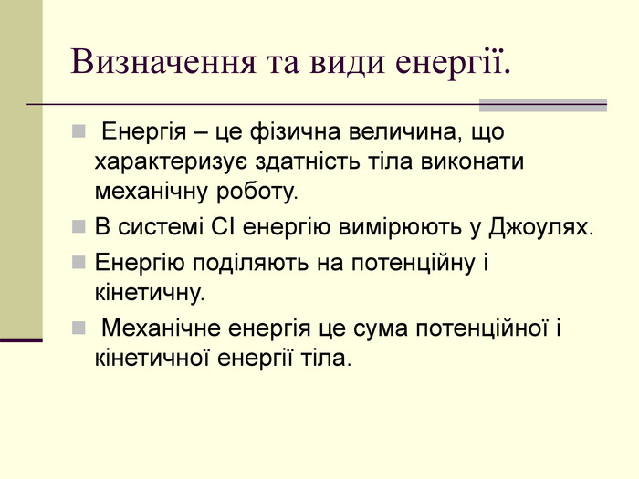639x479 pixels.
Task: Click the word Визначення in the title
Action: (163, 62)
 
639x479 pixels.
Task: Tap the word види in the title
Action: (347, 63)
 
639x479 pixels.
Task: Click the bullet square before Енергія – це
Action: (79, 131)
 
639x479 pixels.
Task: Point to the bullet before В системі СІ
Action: (79, 226)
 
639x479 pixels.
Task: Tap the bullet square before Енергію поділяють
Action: (79, 263)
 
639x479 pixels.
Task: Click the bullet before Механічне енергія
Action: (79, 328)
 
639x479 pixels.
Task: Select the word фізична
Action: (295, 132)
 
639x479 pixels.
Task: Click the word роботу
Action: (257, 193)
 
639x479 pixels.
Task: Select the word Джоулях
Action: (541, 228)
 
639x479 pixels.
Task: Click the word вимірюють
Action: (400, 228)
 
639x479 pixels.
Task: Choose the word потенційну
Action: (414, 264)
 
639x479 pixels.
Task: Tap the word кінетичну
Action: (150, 293)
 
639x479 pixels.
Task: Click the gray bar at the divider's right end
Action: (543, 105)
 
